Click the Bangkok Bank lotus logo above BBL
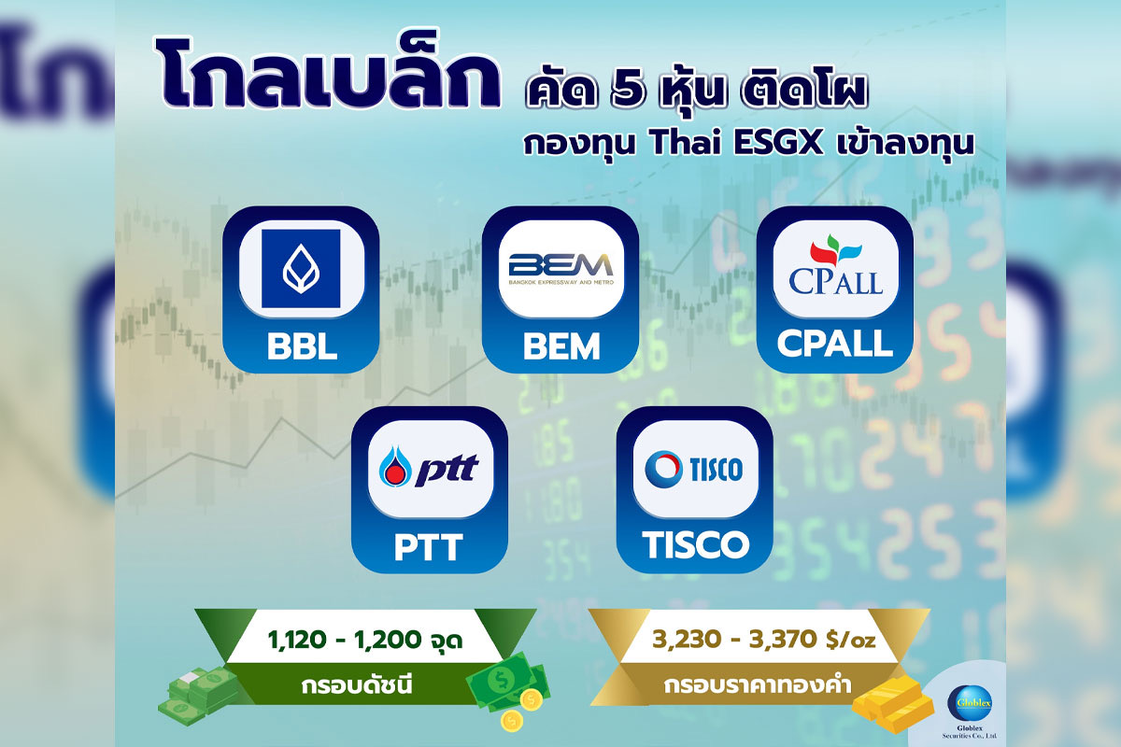point(301,269)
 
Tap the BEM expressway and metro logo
point(561,269)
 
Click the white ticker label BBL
point(302,346)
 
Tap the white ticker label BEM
point(561,346)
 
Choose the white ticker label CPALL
point(835,344)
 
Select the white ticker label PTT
point(429,547)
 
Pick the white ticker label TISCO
point(695,543)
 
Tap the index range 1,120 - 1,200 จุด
point(365,639)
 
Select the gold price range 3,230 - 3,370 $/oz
point(764,640)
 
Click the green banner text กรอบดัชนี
point(357,685)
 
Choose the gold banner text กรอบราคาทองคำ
point(758,684)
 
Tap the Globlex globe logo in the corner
point(969,703)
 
